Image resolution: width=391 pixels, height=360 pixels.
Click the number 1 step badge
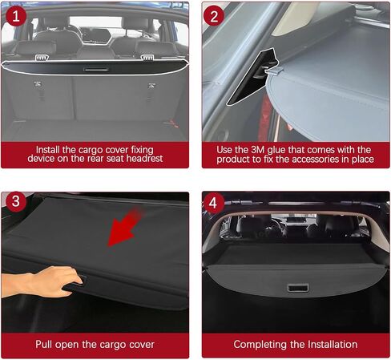click(x=16, y=16)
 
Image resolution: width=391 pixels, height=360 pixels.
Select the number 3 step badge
click(x=16, y=201)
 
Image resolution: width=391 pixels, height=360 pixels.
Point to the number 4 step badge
click(x=213, y=203)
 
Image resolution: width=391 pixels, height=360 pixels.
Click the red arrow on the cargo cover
click(x=125, y=227)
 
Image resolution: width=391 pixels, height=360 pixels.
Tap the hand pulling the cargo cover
click(x=42, y=281)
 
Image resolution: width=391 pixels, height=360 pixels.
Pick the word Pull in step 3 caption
click(x=44, y=344)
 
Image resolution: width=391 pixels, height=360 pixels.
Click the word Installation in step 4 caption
click(x=333, y=344)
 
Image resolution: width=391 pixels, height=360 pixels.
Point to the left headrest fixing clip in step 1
click(x=42, y=58)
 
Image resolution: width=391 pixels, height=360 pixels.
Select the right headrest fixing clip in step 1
click(x=147, y=58)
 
